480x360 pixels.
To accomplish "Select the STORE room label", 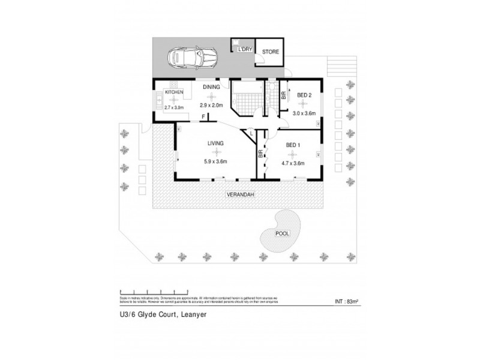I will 270,52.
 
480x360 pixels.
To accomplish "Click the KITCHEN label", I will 174,92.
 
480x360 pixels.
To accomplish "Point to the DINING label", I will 211,87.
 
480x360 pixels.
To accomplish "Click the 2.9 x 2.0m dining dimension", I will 211,106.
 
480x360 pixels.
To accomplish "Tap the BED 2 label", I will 304,95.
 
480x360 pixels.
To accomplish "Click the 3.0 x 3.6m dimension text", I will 304,112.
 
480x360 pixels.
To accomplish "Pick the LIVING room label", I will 216,143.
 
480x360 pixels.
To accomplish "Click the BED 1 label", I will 292,145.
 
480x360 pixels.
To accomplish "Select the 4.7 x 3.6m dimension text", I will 292,163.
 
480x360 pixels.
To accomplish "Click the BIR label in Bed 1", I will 261,154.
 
